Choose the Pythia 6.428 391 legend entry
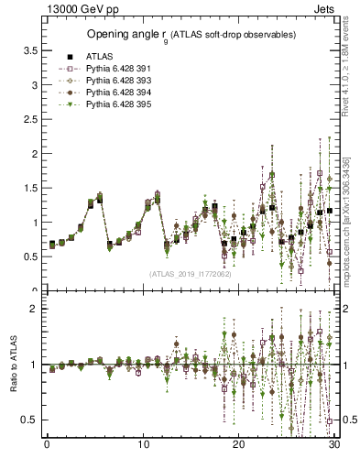[x=111, y=68]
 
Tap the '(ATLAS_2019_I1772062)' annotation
[x=190, y=274]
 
